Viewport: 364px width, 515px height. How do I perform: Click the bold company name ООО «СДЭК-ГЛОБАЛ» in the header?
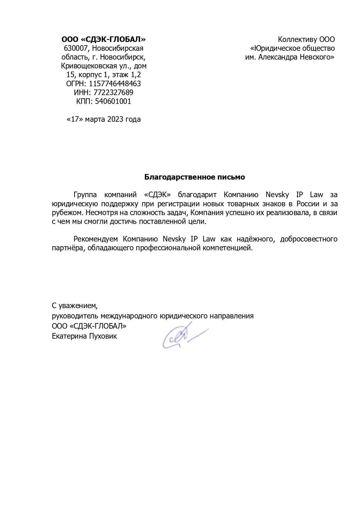coord(103,39)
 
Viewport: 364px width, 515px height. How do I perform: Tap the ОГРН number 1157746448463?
coord(115,84)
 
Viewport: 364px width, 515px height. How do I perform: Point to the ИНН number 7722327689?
coord(113,92)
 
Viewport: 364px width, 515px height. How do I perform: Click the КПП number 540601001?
coord(113,101)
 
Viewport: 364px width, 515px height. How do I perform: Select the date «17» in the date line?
coord(75,119)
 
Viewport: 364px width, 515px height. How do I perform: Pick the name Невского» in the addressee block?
coord(318,57)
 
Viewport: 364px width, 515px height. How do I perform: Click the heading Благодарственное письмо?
coord(194,177)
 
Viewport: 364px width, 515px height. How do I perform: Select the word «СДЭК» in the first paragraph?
coord(158,195)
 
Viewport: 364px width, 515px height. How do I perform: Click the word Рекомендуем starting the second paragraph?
coord(96,239)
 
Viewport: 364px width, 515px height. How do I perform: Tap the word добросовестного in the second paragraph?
coord(309,239)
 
